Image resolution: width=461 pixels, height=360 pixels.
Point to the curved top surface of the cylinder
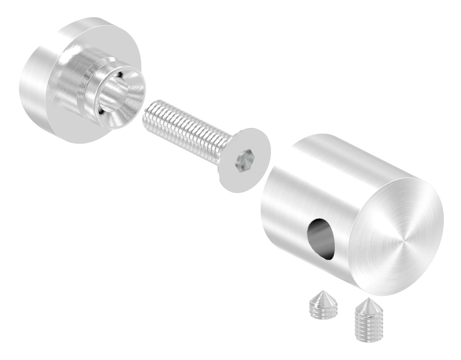(337, 158)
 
